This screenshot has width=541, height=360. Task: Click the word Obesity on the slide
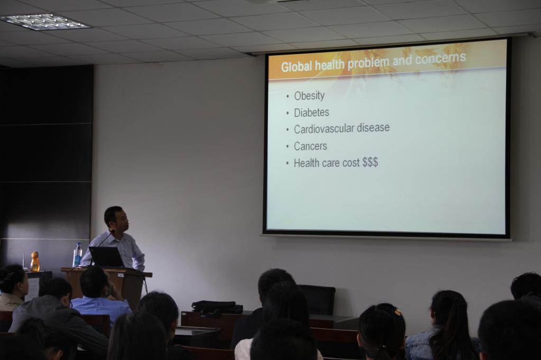pos(309,96)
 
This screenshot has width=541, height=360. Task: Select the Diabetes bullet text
pos(311,112)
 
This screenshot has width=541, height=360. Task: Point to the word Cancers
pos(310,146)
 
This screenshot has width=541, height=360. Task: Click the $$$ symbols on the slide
pos(370,162)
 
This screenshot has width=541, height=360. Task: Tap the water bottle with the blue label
pos(77,255)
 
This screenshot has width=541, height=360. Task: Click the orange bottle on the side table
pos(35,261)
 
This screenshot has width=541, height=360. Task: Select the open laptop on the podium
pos(106,257)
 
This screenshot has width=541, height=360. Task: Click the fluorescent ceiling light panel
pos(44,22)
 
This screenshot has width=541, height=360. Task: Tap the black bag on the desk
pos(217,307)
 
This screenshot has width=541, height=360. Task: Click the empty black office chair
pos(317,299)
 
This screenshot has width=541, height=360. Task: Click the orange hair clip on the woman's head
pos(398,313)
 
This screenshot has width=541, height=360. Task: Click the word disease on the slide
pos(373,128)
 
